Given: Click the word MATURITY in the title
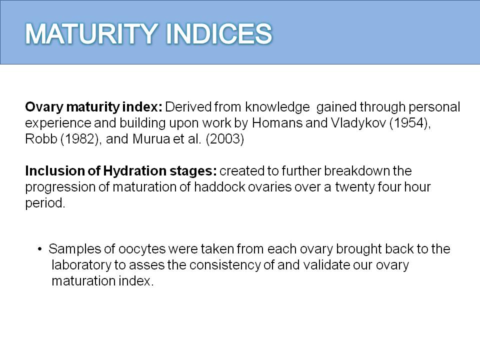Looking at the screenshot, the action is pyautogui.click(x=91, y=33).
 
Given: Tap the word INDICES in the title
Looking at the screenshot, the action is pyautogui.click(x=219, y=33).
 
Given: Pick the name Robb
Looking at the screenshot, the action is pyautogui.click(x=41, y=139).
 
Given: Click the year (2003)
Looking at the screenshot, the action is pyautogui.click(x=224, y=139).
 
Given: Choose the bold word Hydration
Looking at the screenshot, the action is pyautogui.click(x=134, y=171).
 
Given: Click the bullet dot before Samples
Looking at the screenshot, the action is pyautogui.click(x=40, y=249).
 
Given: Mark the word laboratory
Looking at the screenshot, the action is pyautogui.click(x=81, y=265).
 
